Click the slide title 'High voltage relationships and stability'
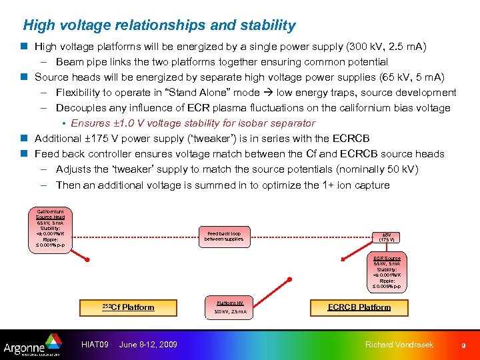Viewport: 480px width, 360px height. click(x=159, y=26)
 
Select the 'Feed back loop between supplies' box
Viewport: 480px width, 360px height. click(x=225, y=236)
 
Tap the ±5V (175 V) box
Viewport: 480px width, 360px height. click(x=386, y=236)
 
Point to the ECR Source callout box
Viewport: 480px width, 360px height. click(x=387, y=272)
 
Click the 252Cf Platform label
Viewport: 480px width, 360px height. click(x=128, y=307)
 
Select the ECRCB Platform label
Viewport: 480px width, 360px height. click(x=359, y=307)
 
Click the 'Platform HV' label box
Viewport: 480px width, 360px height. click(x=230, y=303)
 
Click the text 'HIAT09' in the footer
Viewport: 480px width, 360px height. click(x=95, y=344)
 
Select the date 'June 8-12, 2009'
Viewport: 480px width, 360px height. click(x=148, y=344)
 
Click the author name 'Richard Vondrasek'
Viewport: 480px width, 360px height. click(x=399, y=344)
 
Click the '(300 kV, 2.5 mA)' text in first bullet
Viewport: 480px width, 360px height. click(x=385, y=47)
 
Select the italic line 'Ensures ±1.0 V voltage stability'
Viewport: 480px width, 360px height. click(x=193, y=123)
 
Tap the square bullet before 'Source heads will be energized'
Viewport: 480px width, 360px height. click(x=24, y=77)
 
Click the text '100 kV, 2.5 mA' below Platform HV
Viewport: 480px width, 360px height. click(x=230, y=311)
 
